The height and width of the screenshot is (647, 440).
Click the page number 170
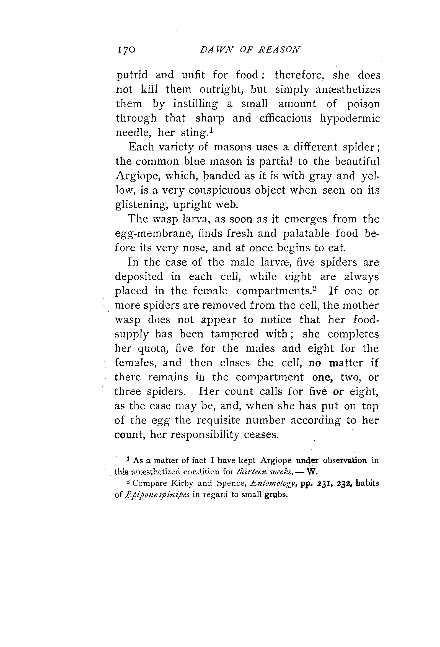[126, 50]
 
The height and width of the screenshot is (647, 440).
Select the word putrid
[132, 75]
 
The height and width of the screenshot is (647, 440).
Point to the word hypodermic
[350, 119]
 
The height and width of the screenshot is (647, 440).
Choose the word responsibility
[205, 435]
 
